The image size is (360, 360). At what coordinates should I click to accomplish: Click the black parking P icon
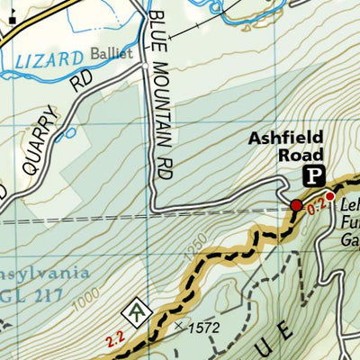point(314,175)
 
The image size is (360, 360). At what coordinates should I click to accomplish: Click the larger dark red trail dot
point(296,206)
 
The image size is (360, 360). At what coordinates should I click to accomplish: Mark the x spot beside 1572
point(179,326)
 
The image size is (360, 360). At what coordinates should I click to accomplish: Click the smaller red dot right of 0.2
point(330,196)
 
